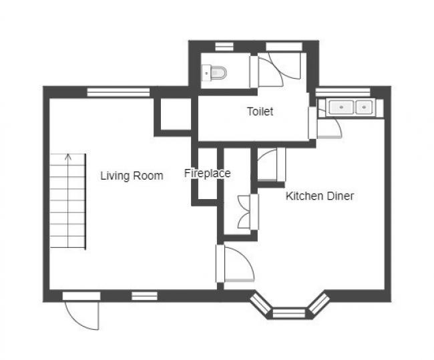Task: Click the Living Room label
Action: (x=132, y=176)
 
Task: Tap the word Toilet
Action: (x=260, y=112)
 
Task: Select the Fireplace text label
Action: (x=207, y=174)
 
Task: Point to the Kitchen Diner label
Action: (x=319, y=196)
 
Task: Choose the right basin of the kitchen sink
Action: (x=364, y=106)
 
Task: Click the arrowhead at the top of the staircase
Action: (x=68, y=158)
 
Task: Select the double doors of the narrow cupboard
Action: (x=248, y=212)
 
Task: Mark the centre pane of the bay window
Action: (x=288, y=312)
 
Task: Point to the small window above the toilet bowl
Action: (x=224, y=46)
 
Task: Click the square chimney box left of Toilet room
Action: (x=174, y=114)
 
